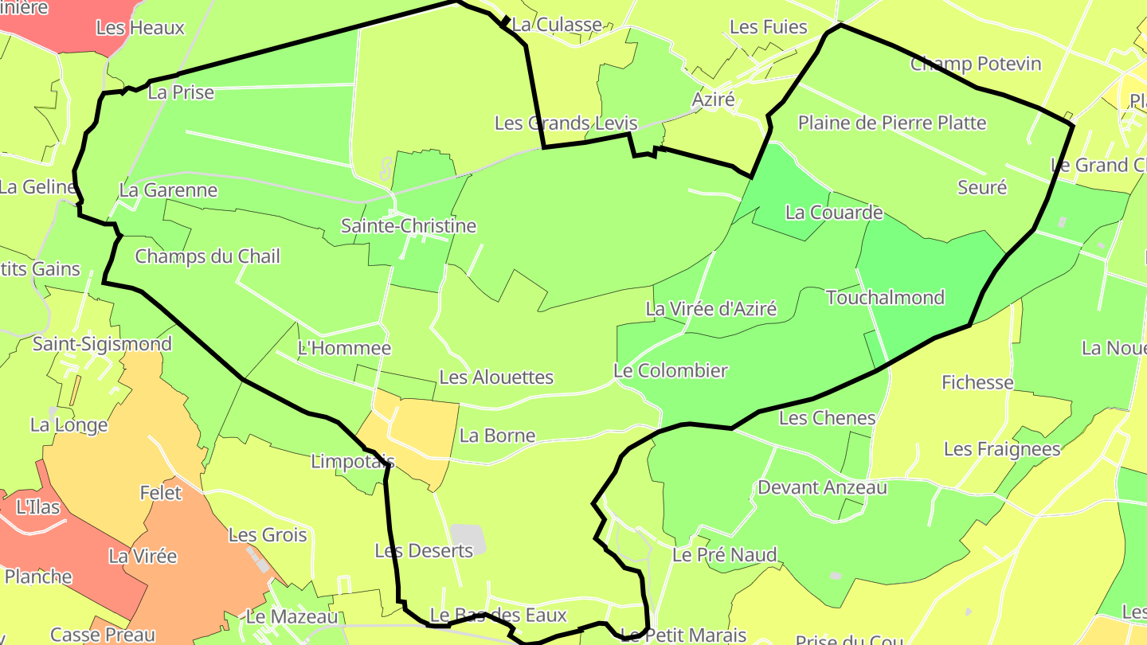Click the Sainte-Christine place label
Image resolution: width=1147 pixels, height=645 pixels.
[409, 226]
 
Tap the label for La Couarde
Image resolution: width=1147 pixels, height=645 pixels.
[834, 213]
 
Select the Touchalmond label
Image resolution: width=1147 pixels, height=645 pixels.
[885, 298]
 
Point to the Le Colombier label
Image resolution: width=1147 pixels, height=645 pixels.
[671, 370]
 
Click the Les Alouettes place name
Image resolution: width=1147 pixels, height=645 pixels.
[496, 377]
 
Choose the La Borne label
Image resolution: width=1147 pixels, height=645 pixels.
[498, 436]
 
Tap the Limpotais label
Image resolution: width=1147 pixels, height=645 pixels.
[352, 461]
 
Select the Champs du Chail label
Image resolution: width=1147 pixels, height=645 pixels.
[207, 256]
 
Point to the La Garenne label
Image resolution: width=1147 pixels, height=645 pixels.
[168, 190]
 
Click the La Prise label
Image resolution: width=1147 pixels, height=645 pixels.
[182, 92]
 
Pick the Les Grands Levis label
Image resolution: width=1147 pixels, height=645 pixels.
[566, 123]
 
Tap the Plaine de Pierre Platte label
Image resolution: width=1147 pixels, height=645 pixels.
[892, 123]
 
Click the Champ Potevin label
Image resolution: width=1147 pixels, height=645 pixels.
[976, 64]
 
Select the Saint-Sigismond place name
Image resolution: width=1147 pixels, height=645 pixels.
[102, 344]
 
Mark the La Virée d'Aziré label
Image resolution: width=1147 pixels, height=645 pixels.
[711, 309]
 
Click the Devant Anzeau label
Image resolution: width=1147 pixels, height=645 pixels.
[822, 487]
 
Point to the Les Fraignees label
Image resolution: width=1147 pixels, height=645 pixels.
[1002, 449]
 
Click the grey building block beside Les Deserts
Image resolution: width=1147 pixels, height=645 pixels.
[468, 540]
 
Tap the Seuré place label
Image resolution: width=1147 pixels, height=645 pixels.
[982, 188]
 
